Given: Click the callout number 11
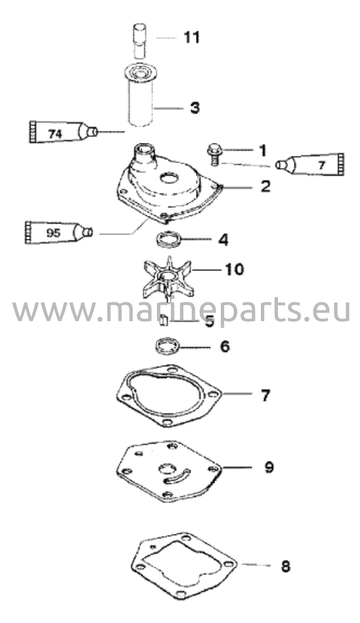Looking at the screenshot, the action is point(192,37).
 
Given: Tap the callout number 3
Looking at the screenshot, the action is point(195,108).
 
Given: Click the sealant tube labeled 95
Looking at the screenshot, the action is point(59,232).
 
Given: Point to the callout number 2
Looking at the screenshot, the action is point(265,186).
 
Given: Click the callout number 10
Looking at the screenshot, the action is point(234,269).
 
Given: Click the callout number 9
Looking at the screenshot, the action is point(269,467).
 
